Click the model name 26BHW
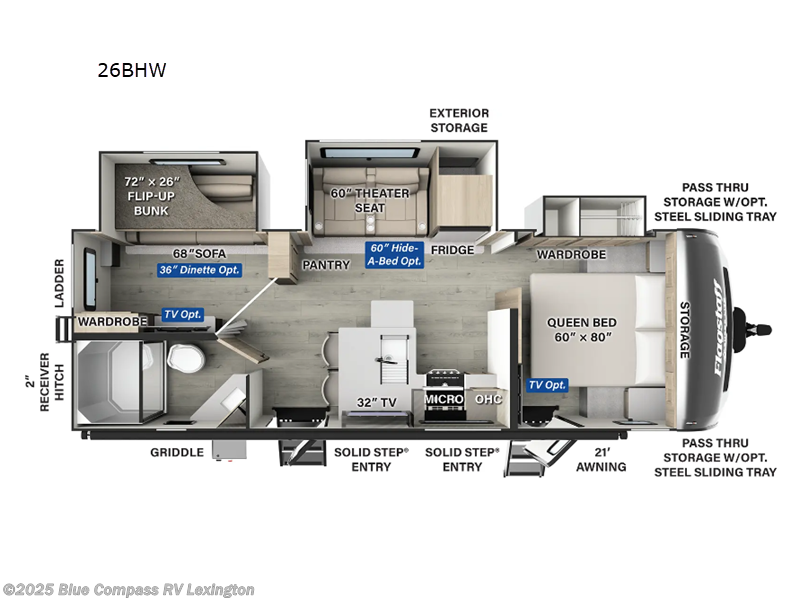pos(132,71)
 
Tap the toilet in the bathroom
pos(182,357)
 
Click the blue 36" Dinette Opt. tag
pos(199,270)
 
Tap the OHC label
pos(488,399)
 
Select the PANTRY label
pos(326,265)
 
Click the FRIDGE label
pos(452,249)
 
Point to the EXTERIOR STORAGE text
pos(458,120)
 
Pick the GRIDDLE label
pos(176,452)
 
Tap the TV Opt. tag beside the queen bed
pos(548,385)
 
